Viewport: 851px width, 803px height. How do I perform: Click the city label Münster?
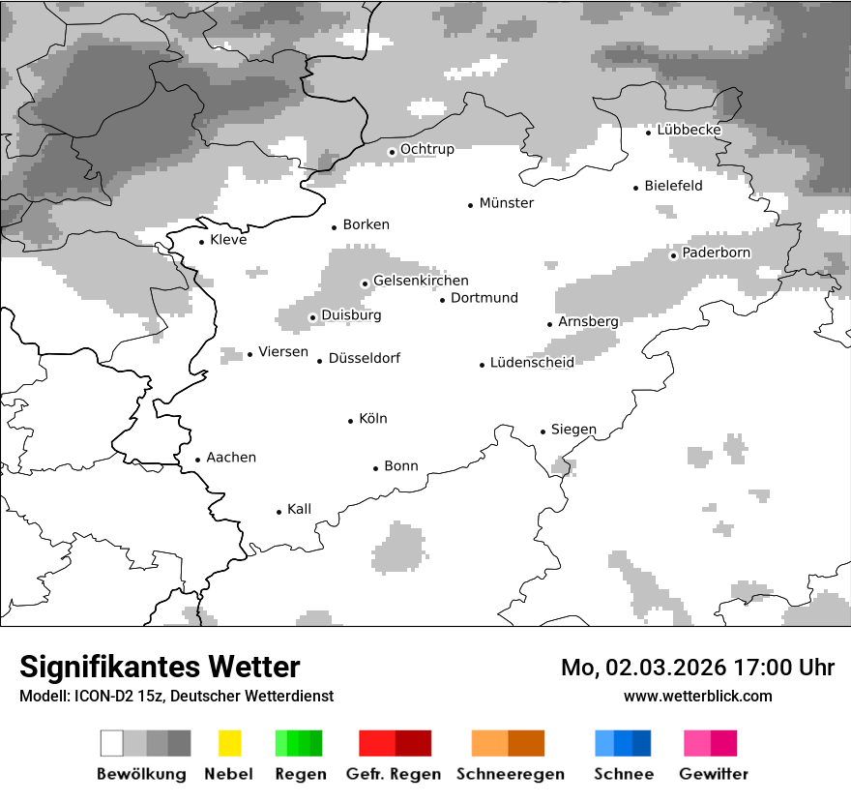point(507,203)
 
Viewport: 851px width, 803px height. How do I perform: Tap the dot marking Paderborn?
point(674,255)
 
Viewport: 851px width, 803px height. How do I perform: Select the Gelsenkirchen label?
point(421,281)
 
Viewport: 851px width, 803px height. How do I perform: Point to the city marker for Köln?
point(351,421)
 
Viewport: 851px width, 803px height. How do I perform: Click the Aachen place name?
point(231,458)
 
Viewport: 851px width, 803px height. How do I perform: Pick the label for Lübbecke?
point(689,130)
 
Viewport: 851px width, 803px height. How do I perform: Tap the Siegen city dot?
point(543,431)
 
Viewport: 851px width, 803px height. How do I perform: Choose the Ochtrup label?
point(426,149)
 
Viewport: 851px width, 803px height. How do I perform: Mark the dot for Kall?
point(279,512)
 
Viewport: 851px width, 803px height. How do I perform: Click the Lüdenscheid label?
point(532,363)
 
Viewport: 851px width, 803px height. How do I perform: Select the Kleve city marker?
point(202,242)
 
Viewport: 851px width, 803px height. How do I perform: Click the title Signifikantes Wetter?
point(160,668)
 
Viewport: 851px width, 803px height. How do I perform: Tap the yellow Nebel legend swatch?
point(229,743)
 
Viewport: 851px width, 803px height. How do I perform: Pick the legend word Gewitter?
point(714,774)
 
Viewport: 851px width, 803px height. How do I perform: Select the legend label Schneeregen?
point(511,774)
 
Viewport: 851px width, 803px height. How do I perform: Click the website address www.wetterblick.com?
point(697,696)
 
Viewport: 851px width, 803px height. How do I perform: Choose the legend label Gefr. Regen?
point(394,774)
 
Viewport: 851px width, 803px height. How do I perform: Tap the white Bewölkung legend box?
point(112,743)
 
